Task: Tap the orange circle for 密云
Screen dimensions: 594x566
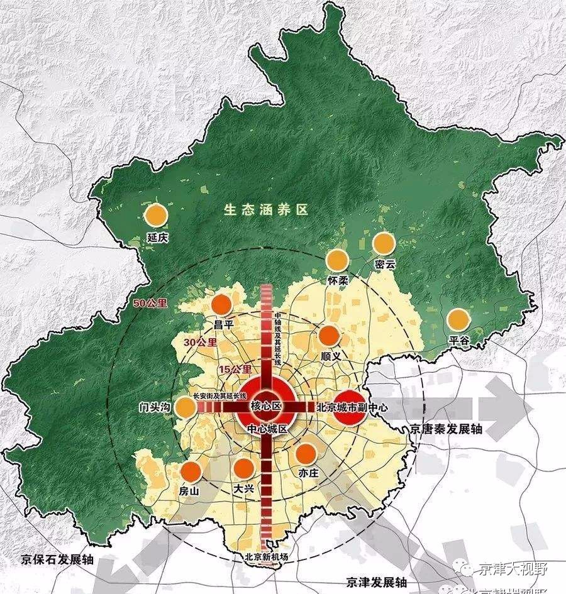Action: (x=383, y=243)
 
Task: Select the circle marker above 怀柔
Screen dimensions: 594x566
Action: (x=338, y=260)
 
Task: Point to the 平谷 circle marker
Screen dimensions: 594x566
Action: (x=458, y=319)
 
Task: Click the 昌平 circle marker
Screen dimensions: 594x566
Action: (x=222, y=305)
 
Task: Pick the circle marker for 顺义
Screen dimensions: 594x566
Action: (x=329, y=336)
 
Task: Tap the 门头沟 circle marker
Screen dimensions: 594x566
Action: (x=186, y=407)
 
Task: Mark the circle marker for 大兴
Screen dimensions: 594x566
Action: (x=243, y=468)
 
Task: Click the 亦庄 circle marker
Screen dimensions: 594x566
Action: (x=306, y=453)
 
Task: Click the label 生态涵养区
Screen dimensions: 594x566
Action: (x=266, y=210)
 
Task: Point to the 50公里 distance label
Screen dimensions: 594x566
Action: (x=150, y=303)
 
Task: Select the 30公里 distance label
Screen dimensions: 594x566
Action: (x=199, y=343)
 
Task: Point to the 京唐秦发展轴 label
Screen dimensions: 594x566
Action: (x=446, y=429)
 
